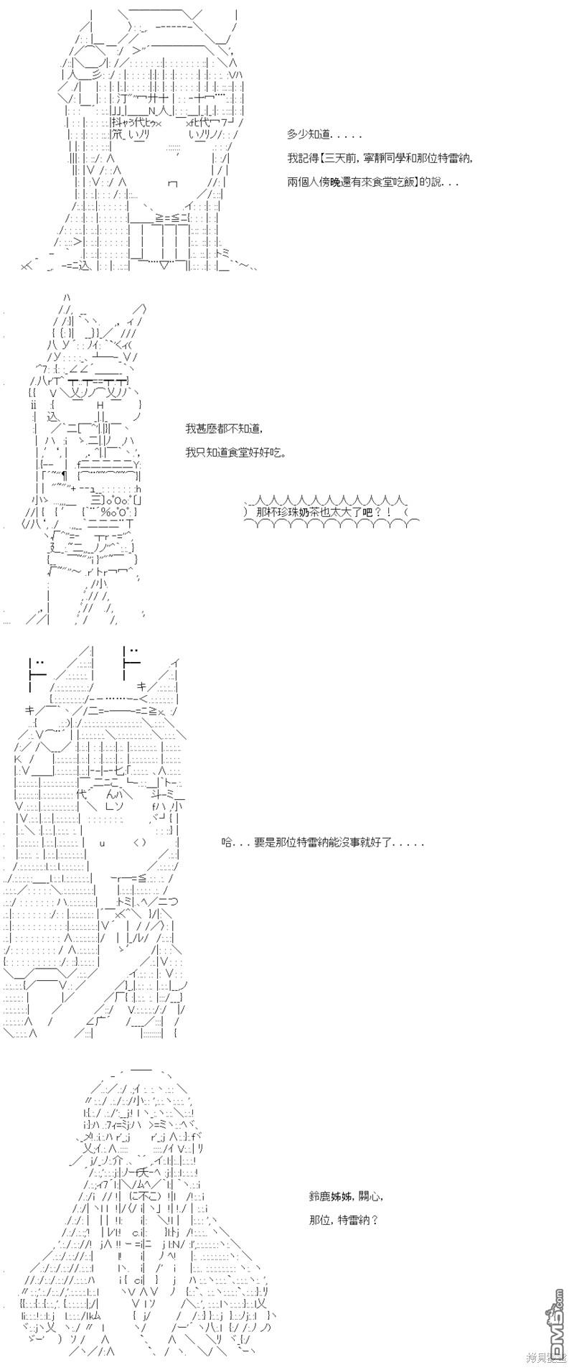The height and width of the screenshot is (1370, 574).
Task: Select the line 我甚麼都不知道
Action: pos(223,429)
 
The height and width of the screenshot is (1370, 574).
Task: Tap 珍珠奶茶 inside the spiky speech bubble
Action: pos(321,512)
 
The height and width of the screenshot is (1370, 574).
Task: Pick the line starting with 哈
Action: pos(322,842)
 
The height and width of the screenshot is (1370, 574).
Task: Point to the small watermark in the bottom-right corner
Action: pos(547,1357)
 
